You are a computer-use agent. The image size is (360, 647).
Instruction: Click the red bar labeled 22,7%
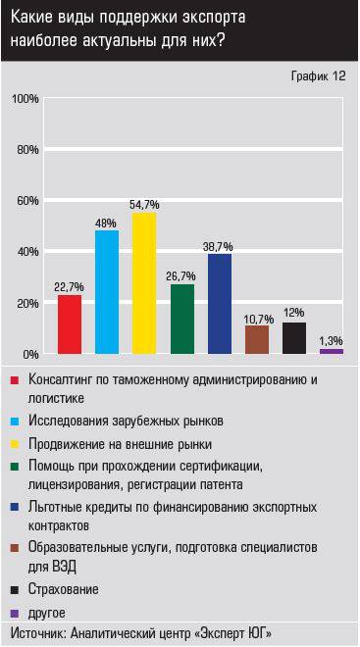70,323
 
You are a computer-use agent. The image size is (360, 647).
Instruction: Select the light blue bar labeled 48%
107,291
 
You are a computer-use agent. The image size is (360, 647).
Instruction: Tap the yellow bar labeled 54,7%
144,282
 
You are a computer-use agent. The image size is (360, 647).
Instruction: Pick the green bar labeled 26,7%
181,319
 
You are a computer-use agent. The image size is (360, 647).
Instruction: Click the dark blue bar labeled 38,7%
220,303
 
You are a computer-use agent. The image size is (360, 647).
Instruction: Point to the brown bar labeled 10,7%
257,339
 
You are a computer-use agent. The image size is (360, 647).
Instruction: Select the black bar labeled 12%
294,337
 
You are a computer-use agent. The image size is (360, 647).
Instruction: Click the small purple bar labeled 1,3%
332,351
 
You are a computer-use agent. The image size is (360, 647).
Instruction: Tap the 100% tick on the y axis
25,99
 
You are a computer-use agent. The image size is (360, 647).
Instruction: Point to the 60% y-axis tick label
26,201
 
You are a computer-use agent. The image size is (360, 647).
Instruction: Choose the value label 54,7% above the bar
144,204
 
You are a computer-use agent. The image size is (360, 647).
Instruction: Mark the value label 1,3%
332,340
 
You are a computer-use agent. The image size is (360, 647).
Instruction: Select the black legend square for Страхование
13,590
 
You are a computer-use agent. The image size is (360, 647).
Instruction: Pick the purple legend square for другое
13,613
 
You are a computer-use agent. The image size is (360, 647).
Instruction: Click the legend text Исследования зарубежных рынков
126,421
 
